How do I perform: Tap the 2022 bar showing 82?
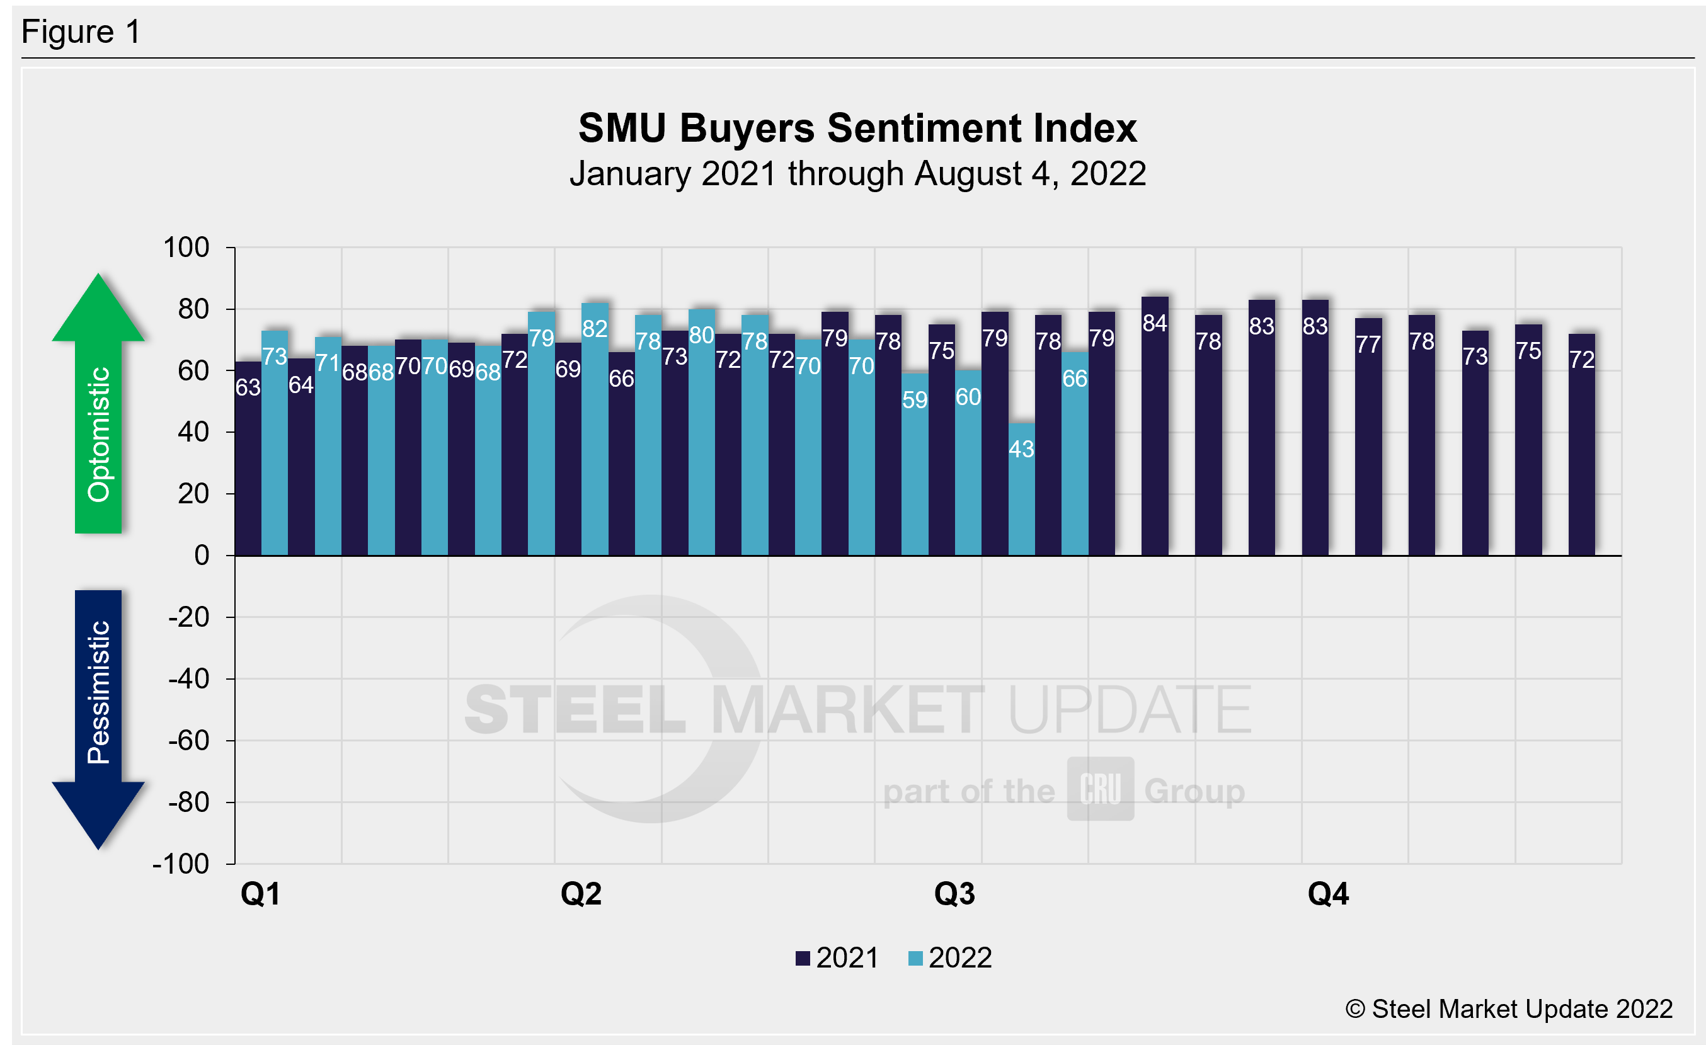595,429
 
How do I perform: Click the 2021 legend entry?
837,958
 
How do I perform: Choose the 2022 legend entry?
950,958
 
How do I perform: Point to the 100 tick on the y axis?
186,247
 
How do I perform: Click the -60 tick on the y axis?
188,741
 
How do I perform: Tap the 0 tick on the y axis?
202,555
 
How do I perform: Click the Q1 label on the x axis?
260,893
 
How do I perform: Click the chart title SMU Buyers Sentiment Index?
857,128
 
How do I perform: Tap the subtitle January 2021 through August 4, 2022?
857,173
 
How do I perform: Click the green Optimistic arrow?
98,408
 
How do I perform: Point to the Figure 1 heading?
81,32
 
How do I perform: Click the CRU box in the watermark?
1100,789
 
